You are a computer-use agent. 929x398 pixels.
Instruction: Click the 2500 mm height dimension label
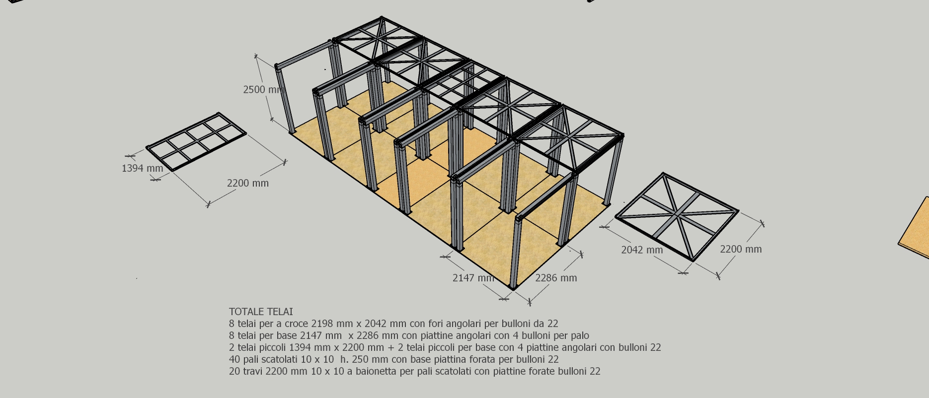[263, 90]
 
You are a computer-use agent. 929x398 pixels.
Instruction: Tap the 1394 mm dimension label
[143, 168]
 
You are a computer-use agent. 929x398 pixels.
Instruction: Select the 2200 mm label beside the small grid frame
[248, 183]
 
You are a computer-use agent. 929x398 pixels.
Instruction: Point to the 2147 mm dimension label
[473, 278]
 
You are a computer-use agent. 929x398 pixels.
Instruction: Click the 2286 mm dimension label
[556, 278]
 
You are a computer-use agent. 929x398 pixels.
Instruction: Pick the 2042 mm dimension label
[642, 250]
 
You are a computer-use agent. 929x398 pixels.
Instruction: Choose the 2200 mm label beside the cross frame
[741, 249]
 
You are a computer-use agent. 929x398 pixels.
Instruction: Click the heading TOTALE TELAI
[261, 312]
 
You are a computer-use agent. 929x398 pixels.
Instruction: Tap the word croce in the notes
[296, 324]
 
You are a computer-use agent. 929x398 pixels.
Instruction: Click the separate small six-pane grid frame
[197, 141]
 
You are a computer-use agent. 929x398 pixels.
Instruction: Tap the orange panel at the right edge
[915, 228]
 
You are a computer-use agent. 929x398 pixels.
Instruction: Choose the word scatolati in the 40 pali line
[279, 359]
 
